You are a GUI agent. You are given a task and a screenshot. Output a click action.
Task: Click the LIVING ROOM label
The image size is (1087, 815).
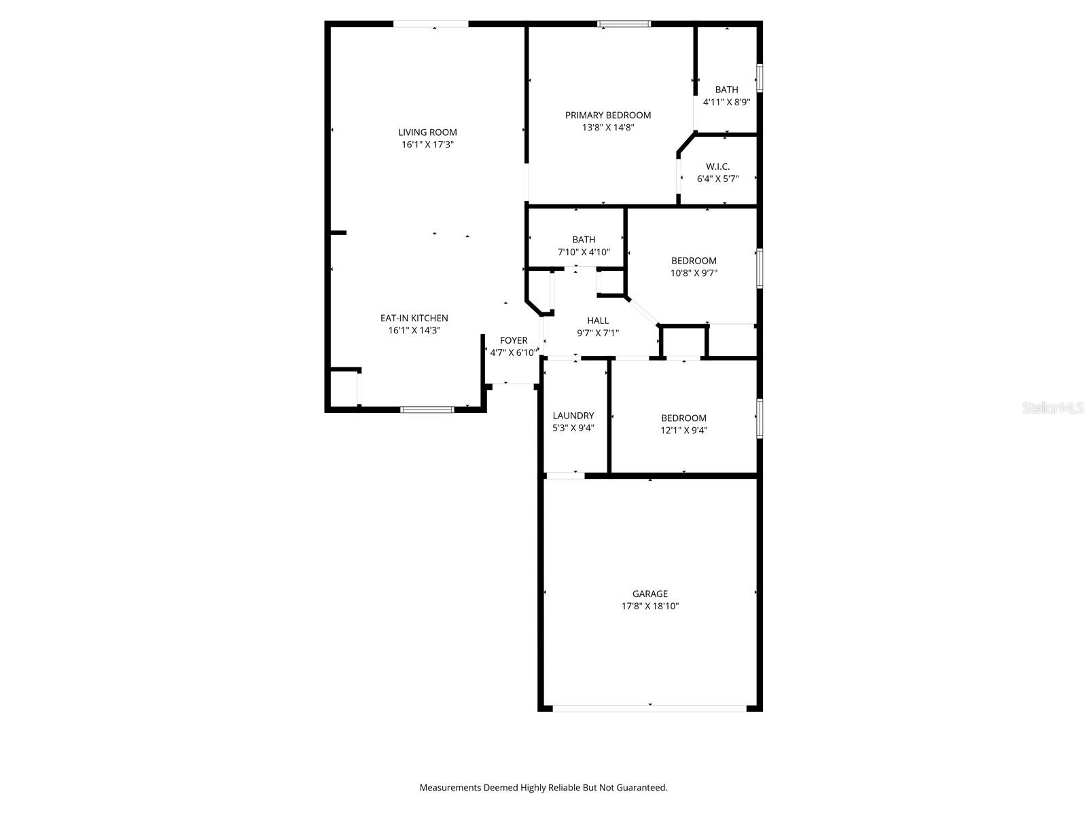pyautogui.click(x=427, y=132)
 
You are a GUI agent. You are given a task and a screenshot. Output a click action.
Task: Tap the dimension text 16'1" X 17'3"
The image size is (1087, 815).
pyautogui.click(x=427, y=145)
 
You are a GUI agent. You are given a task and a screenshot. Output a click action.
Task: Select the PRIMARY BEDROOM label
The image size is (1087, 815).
pyautogui.click(x=608, y=115)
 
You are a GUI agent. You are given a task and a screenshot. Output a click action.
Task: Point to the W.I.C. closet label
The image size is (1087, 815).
pyautogui.click(x=717, y=166)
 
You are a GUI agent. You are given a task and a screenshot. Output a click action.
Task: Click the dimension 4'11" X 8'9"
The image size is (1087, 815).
pyautogui.click(x=726, y=102)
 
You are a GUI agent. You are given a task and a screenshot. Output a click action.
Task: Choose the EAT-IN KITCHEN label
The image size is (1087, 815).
pyautogui.click(x=414, y=318)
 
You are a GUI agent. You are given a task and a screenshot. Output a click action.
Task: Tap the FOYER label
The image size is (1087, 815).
pyautogui.click(x=514, y=341)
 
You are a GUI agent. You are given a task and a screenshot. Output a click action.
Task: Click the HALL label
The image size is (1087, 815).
pyautogui.click(x=598, y=321)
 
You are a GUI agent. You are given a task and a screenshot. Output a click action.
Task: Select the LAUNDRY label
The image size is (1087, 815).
pyautogui.click(x=573, y=416)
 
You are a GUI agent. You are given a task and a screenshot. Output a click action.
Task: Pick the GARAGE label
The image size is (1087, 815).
pyautogui.click(x=650, y=594)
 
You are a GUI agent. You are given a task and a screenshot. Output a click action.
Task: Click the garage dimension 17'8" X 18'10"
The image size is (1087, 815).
pyautogui.click(x=650, y=606)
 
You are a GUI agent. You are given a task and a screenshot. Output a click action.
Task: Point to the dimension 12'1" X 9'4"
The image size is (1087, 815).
pyautogui.click(x=684, y=430)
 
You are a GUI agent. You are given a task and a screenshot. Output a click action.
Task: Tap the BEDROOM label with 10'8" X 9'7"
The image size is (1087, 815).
pyautogui.click(x=694, y=261)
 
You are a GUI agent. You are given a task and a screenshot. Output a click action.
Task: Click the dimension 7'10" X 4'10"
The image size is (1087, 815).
pyautogui.click(x=584, y=252)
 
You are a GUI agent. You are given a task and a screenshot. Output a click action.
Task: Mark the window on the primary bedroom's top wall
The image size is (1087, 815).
pyautogui.click(x=624, y=24)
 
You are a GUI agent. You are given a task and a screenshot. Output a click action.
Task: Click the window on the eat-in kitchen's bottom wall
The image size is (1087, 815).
pyautogui.click(x=427, y=410)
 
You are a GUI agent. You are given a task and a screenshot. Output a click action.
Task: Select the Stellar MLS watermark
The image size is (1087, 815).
pyautogui.click(x=1054, y=408)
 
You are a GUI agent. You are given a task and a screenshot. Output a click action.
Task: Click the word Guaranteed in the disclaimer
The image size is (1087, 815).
pyautogui.click(x=641, y=788)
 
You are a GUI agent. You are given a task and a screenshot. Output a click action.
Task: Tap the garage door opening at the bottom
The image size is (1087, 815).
pyautogui.click(x=649, y=708)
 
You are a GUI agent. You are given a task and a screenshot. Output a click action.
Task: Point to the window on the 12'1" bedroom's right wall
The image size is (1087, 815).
pyautogui.click(x=760, y=418)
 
